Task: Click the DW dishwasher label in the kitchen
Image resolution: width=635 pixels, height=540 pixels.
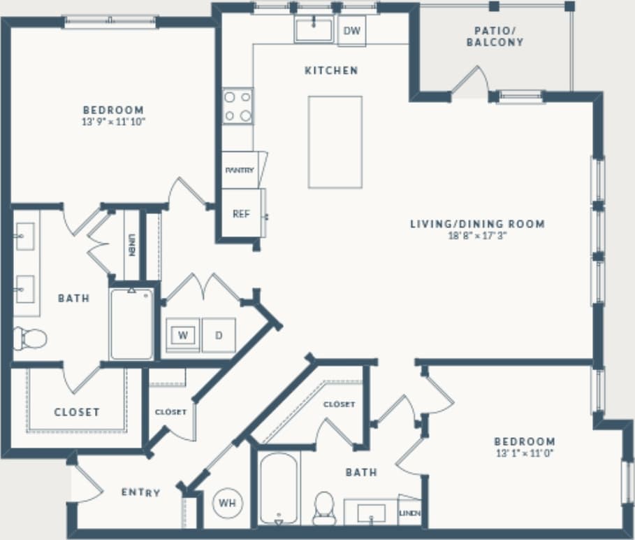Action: point(351,31)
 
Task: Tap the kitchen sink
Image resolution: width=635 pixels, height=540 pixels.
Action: point(313,30)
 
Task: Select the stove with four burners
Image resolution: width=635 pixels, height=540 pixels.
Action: point(238,106)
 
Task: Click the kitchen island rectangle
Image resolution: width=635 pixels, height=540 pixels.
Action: point(335,142)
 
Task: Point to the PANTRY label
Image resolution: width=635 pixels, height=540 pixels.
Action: point(239,171)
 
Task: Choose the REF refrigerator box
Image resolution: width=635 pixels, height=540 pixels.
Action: point(241,215)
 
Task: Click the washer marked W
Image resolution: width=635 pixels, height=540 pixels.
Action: point(183,335)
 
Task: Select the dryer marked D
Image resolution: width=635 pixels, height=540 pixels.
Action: point(219,335)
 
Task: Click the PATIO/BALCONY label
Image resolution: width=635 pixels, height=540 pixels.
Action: point(498,36)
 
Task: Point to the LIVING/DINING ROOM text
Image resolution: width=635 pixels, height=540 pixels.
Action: point(476,224)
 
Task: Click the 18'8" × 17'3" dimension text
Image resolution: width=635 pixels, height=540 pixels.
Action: point(476,236)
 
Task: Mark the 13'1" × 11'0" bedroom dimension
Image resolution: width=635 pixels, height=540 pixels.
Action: point(525,453)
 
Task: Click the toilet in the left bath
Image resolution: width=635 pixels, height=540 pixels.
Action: point(30,339)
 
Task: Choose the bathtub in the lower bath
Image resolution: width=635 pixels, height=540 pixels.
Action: point(279,488)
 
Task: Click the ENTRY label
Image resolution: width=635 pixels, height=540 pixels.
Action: point(140,492)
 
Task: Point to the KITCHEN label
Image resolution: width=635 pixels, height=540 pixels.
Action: point(331,70)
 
